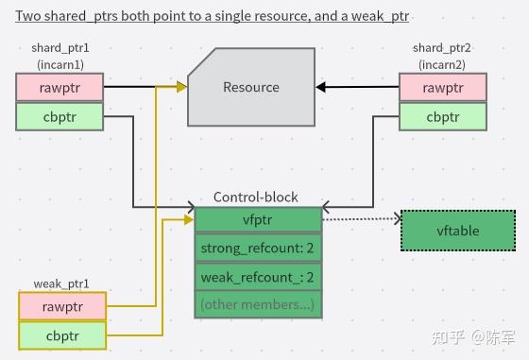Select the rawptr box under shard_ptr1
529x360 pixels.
(x=59, y=87)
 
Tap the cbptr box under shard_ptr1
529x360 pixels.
(x=59, y=116)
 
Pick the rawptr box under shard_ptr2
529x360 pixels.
(x=442, y=87)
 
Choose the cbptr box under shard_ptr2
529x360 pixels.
(x=442, y=116)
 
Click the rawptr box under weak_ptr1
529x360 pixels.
(x=62, y=306)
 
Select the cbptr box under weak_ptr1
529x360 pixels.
(x=62, y=335)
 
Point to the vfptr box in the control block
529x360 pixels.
(x=257, y=218)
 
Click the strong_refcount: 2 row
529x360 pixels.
(x=257, y=249)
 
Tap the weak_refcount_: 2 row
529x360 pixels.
(x=257, y=277)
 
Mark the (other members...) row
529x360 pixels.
(x=257, y=304)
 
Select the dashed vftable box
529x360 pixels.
(x=458, y=230)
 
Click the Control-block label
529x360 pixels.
(x=256, y=197)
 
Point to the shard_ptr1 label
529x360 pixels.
(x=59, y=48)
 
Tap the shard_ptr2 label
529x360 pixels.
(x=442, y=48)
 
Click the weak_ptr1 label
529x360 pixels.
(x=61, y=283)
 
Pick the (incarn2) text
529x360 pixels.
(x=442, y=63)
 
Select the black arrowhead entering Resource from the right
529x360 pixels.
(x=322, y=88)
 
